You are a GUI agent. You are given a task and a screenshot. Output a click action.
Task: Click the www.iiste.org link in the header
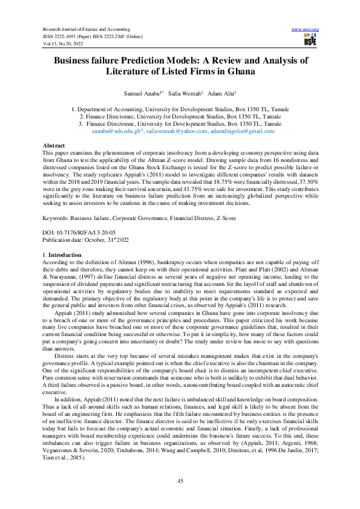click(x=305, y=29)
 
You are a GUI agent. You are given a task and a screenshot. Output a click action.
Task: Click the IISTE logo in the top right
click(x=309, y=41)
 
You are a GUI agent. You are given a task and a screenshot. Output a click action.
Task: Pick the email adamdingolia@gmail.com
click(x=242, y=131)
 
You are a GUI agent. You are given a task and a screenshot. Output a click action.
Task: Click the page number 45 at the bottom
click(x=180, y=481)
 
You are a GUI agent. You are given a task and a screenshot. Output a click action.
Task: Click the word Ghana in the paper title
click(x=231, y=71)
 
